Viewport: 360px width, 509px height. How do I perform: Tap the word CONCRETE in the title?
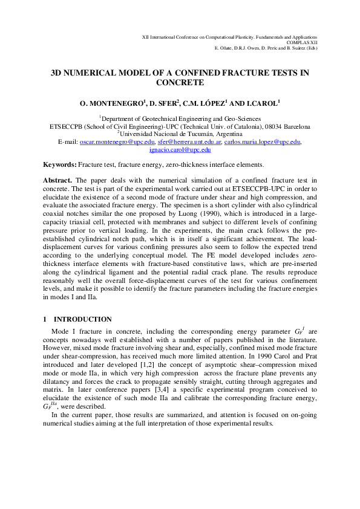point(180,83)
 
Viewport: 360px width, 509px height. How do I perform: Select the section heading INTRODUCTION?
point(82,319)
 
